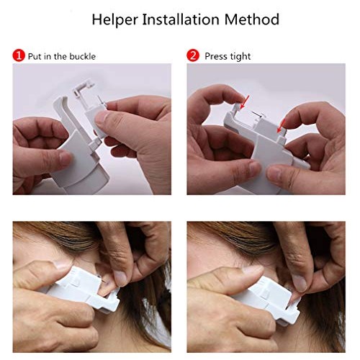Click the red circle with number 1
[19, 55]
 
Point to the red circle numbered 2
[193, 55]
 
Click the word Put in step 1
[36, 56]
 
